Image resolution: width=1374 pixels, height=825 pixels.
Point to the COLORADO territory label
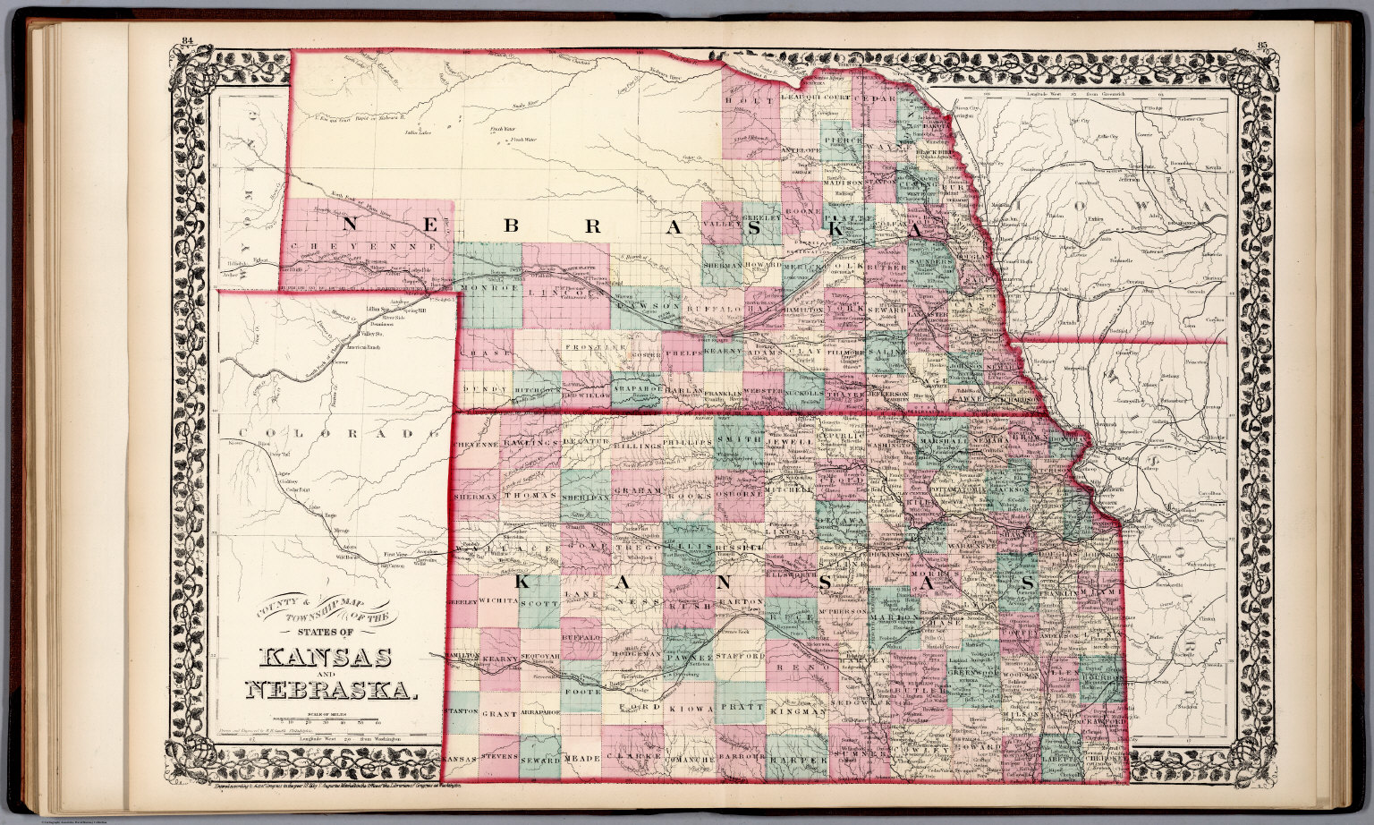(x=331, y=434)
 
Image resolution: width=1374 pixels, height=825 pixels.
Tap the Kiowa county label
(x=689, y=708)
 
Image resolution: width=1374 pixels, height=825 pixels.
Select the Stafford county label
(x=741, y=657)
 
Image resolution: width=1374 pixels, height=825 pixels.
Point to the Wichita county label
(x=499, y=600)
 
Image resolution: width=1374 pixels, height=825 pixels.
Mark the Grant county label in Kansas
(x=499, y=715)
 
